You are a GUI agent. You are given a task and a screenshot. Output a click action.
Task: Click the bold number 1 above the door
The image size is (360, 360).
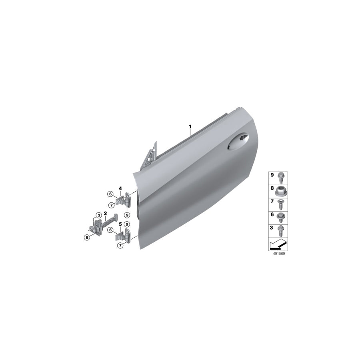(190, 127)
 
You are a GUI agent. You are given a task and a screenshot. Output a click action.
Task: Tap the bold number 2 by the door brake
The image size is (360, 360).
(105, 214)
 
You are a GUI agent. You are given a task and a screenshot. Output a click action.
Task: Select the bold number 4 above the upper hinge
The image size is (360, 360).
(120, 188)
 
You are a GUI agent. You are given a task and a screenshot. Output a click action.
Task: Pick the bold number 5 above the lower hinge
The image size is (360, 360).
(120, 225)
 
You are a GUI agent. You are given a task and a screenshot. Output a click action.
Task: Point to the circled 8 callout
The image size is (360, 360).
(86, 238)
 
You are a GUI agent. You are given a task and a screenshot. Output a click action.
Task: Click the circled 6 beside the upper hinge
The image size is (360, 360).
(110, 194)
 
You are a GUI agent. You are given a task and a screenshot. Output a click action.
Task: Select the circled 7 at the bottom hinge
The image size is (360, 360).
(120, 246)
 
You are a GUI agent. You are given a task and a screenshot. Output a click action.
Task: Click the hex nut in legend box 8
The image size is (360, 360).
(281, 190)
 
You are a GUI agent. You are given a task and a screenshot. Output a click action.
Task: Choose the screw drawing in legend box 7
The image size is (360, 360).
(281, 203)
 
